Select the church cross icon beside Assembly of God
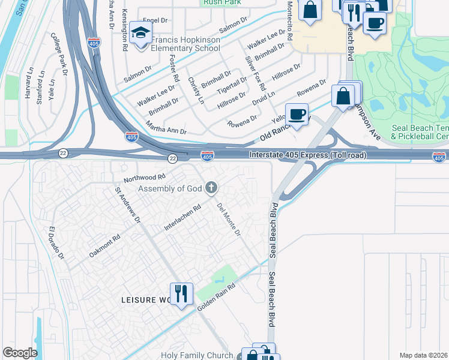pos(211,188)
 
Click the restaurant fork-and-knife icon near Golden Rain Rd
pos(181,293)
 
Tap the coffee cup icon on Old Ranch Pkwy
pos(297,114)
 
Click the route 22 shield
pos(173,158)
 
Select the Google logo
pos(20,353)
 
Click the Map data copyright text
pos(423,355)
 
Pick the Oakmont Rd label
pos(104,245)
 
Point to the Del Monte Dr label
pos(229,218)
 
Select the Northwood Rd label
pos(144,178)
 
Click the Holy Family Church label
pos(196,355)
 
